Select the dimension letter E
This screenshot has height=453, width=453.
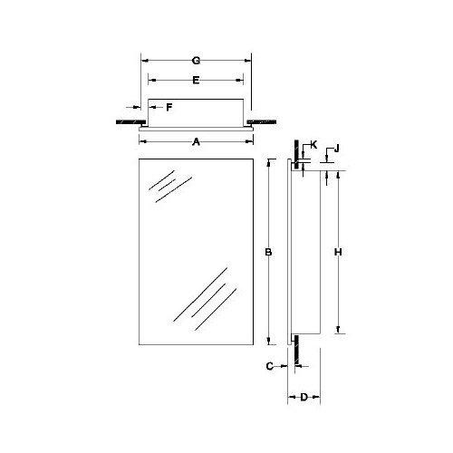pyautogui.click(x=196, y=81)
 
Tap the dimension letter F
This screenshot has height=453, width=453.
pyautogui.click(x=168, y=108)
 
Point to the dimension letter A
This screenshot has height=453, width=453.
pyautogui.click(x=197, y=142)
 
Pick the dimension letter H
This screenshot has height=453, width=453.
pyautogui.click(x=338, y=251)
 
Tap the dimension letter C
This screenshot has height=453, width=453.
pyautogui.click(x=271, y=366)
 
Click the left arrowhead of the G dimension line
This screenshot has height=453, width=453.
pyautogui.click(x=141, y=60)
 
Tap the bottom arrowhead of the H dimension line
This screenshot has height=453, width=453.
pyautogui.click(x=339, y=332)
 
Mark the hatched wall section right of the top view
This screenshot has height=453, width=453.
pyautogui.click(x=265, y=120)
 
